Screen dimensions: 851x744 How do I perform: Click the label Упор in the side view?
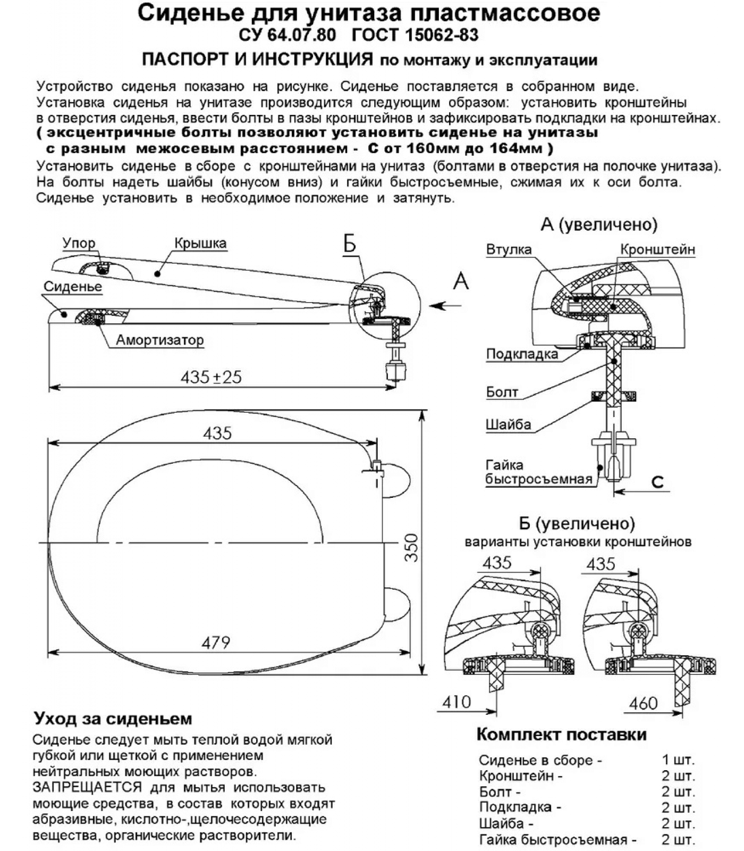coord(79,243)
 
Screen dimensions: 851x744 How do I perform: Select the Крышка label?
coord(200,243)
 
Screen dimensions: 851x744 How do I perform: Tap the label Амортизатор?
coord(159,340)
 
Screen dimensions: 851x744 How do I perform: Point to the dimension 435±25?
coord(211,377)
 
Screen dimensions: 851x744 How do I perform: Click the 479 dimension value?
coord(216,643)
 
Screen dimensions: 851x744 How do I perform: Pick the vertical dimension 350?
coord(411,547)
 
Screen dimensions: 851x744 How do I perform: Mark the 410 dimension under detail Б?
coord(456,702)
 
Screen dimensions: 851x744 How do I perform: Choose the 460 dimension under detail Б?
coord(643,703)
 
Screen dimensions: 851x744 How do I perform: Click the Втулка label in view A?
coord(509,249)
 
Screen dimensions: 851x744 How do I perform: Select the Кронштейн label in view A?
coord(657,249)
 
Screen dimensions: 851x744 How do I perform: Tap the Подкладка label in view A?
coord(522,354)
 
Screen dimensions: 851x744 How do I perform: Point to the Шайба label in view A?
coord(508,424)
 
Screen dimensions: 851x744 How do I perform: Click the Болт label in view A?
coord(502,392)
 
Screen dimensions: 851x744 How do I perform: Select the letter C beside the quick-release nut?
coord(657,481)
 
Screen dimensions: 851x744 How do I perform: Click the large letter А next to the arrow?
coord(461,280)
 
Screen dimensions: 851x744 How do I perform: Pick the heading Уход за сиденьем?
coord(113,719)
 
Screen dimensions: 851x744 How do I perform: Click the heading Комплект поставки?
coord(561,735)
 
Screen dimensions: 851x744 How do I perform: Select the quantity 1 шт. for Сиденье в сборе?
coord(678,760)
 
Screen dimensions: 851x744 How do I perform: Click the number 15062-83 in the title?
coord(441,35)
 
